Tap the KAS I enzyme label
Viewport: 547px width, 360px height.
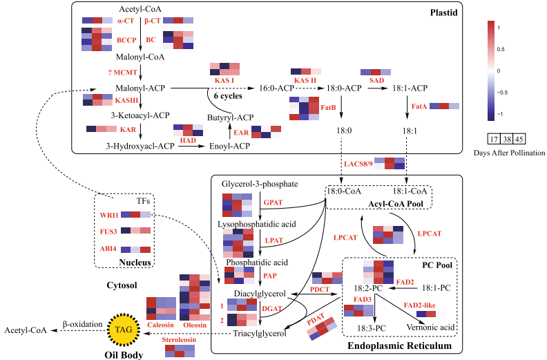click(224, 81)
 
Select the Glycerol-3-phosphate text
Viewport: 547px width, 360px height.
click(260, 184)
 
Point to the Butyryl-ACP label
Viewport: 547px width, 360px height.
click(231, 117)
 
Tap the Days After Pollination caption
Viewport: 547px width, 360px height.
click(510, 152)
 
